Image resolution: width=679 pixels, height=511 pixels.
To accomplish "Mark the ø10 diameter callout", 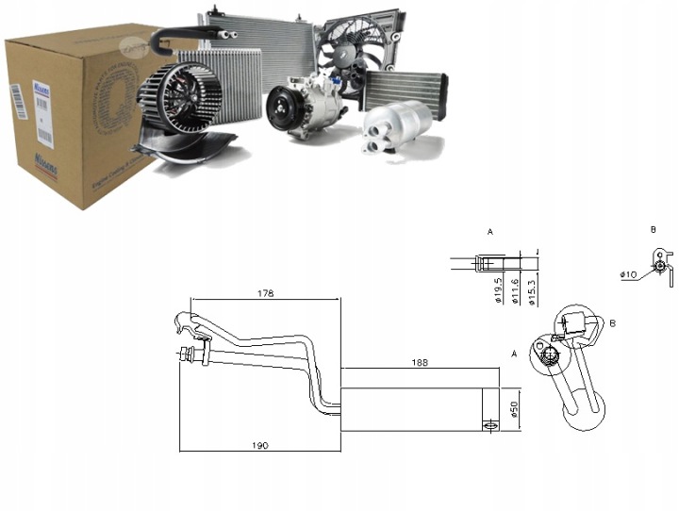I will click(629, 273).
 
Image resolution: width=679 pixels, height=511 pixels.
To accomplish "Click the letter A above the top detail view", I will click(490, 231).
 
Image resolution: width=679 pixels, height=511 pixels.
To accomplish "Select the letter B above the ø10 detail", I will click(653, 229).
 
